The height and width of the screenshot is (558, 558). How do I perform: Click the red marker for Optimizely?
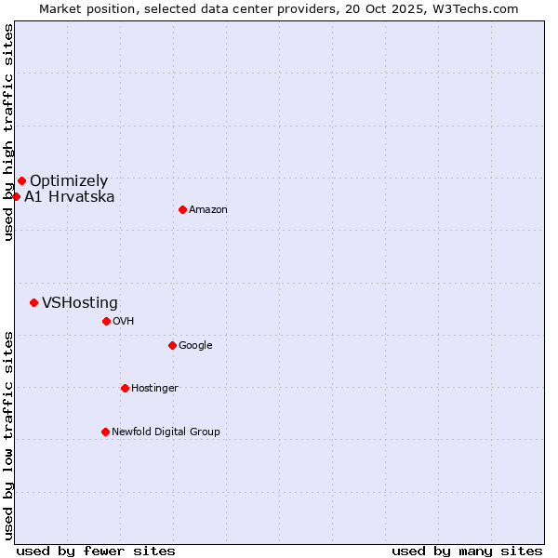(x=21, y=180)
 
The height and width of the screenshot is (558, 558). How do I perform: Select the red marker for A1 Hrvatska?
(x=16, y=196)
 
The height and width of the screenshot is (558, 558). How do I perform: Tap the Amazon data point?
(x=182, y=209)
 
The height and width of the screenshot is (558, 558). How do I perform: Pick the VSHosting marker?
(x=33, y=302)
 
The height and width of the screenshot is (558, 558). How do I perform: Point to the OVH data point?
(x=106, y=321)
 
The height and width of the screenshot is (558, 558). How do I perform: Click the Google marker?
(x=172, y=345)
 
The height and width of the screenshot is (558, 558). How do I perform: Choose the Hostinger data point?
(x=125, y=388)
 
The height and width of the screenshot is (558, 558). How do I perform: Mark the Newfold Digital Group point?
(x=105, y=432)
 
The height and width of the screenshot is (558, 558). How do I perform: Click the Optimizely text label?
(x=69, y=181)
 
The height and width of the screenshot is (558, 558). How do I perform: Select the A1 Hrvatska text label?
(x=70, y=197)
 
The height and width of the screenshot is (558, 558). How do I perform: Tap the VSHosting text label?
(x=80, y=303)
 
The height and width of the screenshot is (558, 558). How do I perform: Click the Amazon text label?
(x=208, y=210)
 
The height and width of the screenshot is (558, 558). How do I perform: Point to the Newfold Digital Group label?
(x=166, y=432)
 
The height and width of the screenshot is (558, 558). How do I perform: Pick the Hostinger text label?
(x=154, y=388)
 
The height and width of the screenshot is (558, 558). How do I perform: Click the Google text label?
(x=195, y=346)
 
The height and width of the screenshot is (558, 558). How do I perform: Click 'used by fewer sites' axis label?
(x=96, y=551)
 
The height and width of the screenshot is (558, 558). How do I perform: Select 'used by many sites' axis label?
(x=467, y=551)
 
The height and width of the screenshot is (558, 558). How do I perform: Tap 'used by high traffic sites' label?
(x=8, y=132)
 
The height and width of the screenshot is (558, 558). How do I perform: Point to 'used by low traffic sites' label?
(x=8, y=435)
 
